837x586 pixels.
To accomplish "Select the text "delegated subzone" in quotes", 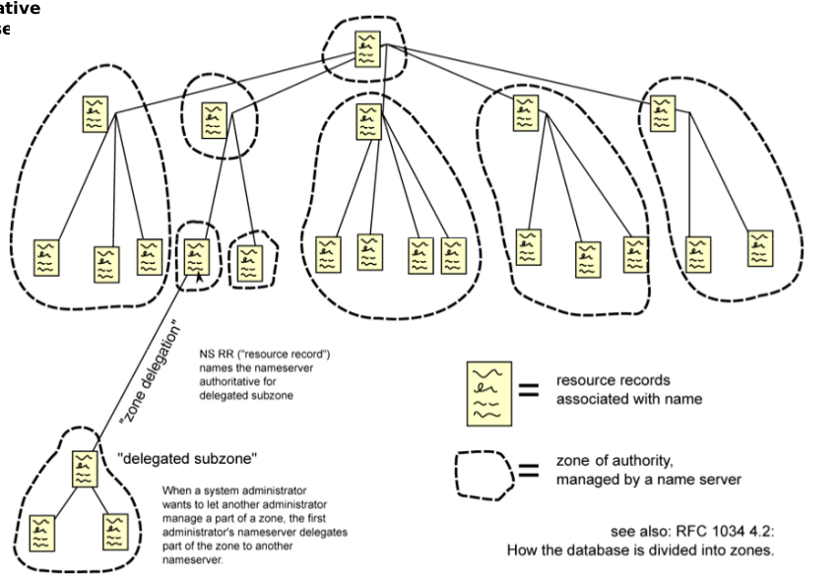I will pyautogui.click(x=188, y=458).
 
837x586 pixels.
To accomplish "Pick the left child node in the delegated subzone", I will pyautogui.click(x=41, y=531).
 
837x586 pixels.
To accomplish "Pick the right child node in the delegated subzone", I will pyautogui.click(x=115, y=531).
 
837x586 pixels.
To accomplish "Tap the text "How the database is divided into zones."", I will pyautogui.click(x=641, y=550).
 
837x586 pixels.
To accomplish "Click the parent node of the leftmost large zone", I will pyautogui.click(x=96, y=113).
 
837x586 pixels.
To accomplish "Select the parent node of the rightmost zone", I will pyautogui.click(x=664, y=113).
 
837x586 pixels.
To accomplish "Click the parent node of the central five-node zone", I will pyautogui.click(x=367, y=122).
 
